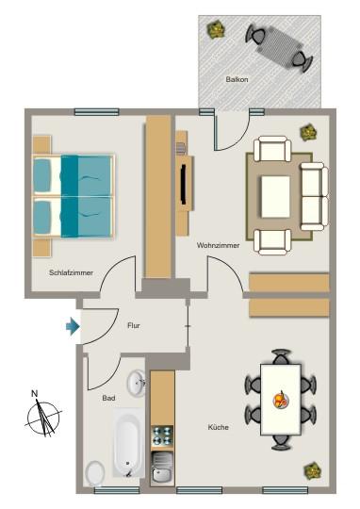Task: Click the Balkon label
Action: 237,80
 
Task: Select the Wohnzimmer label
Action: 218,245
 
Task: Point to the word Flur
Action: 134,325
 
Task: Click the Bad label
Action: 109,398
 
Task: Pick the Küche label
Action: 218,427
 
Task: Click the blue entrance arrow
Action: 73,326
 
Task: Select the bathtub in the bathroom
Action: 128,443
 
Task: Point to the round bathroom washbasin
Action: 137,382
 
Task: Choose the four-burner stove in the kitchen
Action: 163,435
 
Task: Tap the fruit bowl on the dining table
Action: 280,400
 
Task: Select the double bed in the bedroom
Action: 73,196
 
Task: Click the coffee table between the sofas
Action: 275,196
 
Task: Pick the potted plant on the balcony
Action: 218,30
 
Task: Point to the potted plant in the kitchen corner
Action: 312,468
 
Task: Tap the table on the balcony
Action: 279,45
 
